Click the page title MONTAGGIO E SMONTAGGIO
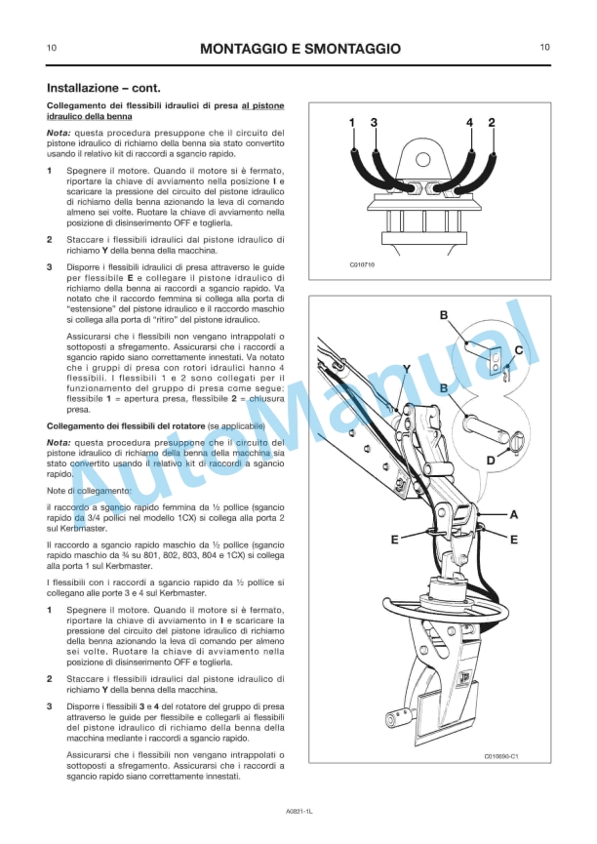tap(299, 48)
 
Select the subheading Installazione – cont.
tap(97, 88)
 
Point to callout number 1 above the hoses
tap(352, 122)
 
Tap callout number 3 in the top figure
tap(374, 122)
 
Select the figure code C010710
tap(362, 264)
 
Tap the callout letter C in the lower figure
tap(518, 349)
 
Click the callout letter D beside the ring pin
tap(491, 459)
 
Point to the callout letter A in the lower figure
tap(514, 513)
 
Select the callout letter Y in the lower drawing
tap(406, 368)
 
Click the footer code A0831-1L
tap(298, 811)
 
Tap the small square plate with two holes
tap(496, 360)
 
